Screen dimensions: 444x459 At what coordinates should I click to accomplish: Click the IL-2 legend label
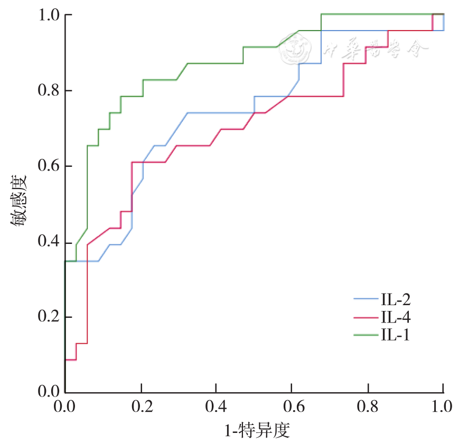(x=395, y=300)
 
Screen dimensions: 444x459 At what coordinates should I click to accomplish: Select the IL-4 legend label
(x=395, y=317)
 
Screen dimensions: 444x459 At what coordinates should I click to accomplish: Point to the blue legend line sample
(x=364, y=300)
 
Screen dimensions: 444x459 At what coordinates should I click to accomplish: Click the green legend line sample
(x=364, y=334)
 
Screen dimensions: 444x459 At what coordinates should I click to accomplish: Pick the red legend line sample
(x=364, y=317)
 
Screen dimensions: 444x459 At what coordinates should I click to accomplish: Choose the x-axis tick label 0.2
(x=140, y=407)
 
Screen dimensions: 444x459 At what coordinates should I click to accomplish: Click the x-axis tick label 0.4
(x=216, y=407)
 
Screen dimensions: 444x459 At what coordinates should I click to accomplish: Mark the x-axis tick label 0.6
(x=292, y=407)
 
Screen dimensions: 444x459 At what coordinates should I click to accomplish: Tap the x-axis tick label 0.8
(x=367, y=407)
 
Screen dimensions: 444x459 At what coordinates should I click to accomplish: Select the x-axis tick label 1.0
(x=442, y=407)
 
